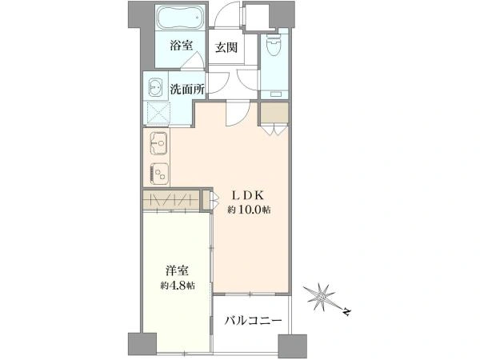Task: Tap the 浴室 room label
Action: coord(182,46)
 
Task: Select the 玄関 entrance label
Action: coord(226,47)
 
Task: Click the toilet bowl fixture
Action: coord(274,44)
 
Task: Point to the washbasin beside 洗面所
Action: coord(156,86)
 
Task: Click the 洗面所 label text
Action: coord(187,89)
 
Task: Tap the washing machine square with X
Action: coord(158,113)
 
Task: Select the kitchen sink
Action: coord(158,143)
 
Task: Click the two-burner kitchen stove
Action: coord(159,174)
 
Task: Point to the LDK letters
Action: coord(248,195)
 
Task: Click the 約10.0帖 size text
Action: coord(249,210)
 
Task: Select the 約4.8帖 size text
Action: coord(178,286)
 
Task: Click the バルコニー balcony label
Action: coord(253,321)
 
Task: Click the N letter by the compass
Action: coord(347,312)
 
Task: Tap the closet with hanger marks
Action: coord(171,200)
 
